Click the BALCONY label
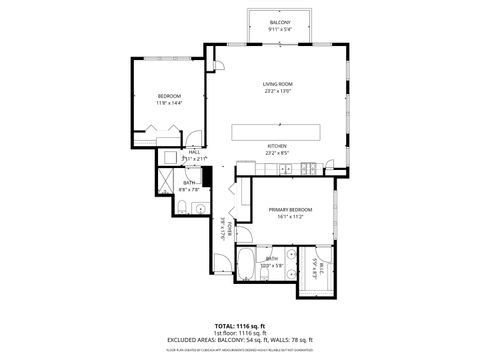click(x=279, y=22)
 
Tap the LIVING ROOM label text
click(x=277, y=84)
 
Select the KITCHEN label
click(x=277, y=146)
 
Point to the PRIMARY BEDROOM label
click(x=290, y=209)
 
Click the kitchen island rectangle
click(x=276, y=132)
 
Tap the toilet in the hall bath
click(x=186, y=208)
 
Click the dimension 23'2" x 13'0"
click(x=277, y=91)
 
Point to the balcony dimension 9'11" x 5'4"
click(x=279, y=30)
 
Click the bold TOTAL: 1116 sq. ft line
click(x=239, y=326)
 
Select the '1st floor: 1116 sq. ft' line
click(x=239, y=333)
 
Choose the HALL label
click(x=181, y=151)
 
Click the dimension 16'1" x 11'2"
click(x=290, y=216)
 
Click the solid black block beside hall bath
click(x=207, y=178)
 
